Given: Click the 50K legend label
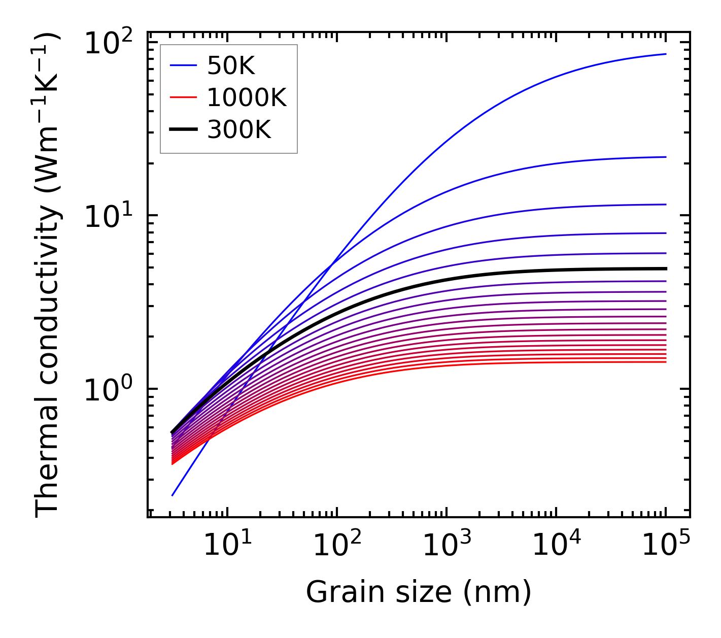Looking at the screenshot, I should point(230,65).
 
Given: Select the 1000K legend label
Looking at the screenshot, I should point(247,98).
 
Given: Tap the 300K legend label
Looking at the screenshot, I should point(239,130).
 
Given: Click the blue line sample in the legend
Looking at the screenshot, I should point(183,65).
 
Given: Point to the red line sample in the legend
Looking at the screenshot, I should point(183,98).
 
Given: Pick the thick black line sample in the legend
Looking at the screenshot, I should point(183,130).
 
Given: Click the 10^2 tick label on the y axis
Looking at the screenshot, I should point(108,43).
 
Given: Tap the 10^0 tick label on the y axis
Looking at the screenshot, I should point(108,390).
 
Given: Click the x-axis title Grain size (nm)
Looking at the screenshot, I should point(419,592).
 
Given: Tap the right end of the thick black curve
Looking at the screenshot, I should point(666,268).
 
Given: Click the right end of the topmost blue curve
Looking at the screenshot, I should point(666,54).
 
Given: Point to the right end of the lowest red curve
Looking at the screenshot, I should point(666,362).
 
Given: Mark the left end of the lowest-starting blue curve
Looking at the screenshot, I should point(173,495).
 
